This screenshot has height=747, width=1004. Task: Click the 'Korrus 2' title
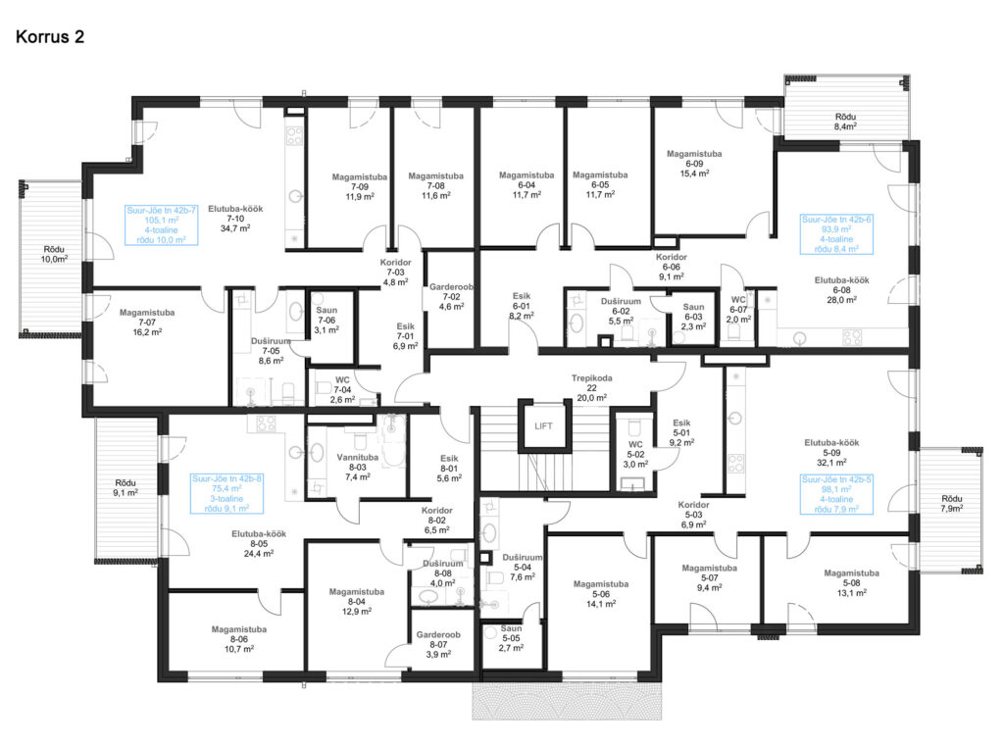coord(50,36)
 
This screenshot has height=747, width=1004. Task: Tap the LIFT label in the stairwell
coord(543,425)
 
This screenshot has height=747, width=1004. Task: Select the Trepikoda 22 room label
coord(591,388)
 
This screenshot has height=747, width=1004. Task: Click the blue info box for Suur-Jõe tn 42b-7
coord(162,224)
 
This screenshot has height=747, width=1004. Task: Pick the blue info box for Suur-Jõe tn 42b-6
coord(836,234)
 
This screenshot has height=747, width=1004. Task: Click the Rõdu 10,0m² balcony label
coord(55,254)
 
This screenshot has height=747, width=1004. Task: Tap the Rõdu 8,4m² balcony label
coord(845,122)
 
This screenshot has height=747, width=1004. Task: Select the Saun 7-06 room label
coord(326,320)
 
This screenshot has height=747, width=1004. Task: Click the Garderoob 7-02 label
coord(451,297)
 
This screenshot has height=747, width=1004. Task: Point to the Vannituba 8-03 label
coord(357,468)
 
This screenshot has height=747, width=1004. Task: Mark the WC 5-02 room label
coord(635,454)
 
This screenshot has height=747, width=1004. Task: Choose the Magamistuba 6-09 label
coord(694,164)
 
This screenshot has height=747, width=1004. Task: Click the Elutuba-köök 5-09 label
coord(831,452)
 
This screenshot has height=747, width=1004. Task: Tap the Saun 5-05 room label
coord(511,638)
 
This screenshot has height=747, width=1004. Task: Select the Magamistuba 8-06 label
coord(239,639)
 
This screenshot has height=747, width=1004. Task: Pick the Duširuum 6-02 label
coord(621,311)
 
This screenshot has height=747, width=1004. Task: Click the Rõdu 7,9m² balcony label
coord(951,504)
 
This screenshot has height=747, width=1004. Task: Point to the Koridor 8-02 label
coord(436,521)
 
